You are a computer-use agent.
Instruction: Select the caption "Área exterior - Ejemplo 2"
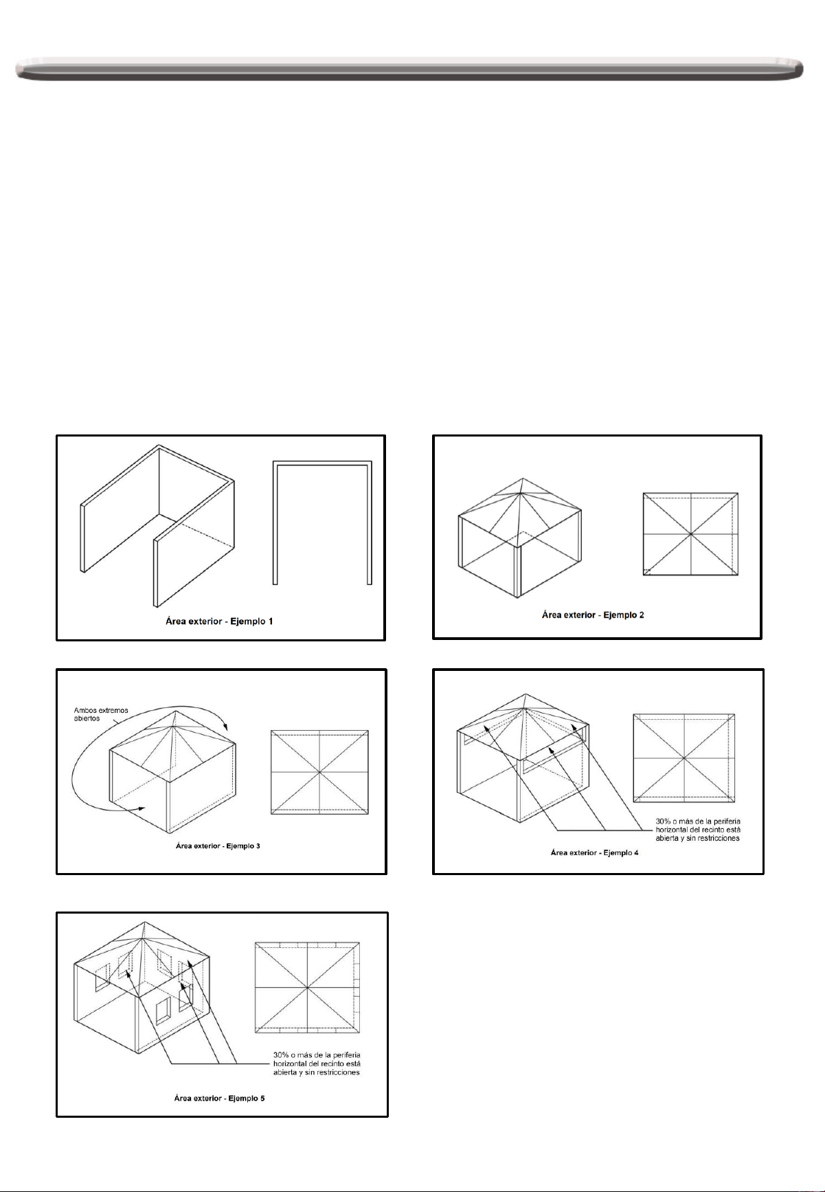(593, 615)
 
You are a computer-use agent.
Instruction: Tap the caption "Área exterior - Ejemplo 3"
(218, 846)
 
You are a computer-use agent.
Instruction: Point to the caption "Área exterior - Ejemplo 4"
(594, 852)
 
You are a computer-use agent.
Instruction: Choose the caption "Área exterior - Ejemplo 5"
(219, 1098)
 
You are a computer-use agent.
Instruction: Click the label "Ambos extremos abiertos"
(100, 714)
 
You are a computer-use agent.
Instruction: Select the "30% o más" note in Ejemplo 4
(698, 829)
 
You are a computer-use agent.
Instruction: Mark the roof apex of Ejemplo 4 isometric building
(525, 694)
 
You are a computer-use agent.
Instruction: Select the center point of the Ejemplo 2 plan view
(690, 533)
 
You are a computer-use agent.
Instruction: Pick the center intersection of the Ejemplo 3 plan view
(320, 773)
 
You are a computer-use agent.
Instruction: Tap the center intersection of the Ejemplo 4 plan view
(684, 758)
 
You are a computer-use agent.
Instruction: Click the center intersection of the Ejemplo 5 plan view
(307, 987)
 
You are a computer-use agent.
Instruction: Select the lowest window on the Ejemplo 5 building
(163, 1013)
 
